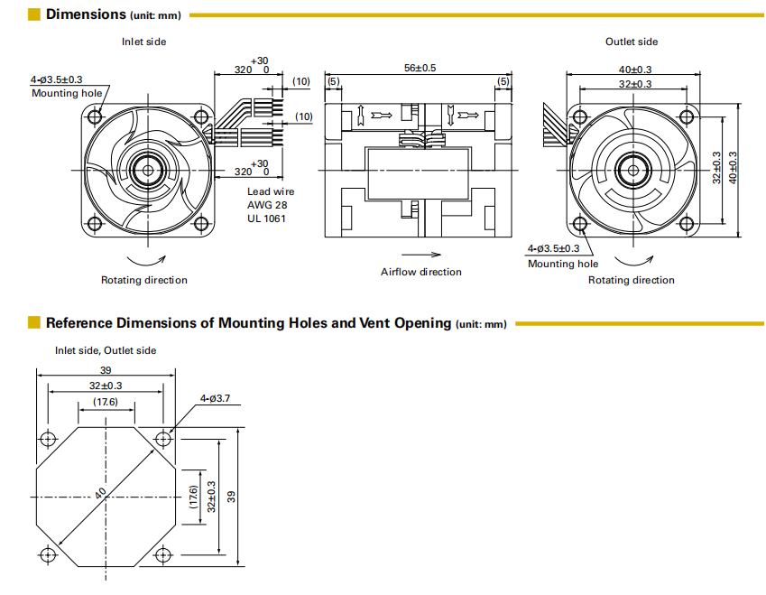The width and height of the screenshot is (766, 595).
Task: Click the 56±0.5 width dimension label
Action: pos(420,68)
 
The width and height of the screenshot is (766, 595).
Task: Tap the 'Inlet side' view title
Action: pos(144,42)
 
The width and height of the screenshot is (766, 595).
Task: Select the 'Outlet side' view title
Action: pos(632,42)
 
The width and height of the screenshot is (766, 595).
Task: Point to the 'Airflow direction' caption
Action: pos(420,272)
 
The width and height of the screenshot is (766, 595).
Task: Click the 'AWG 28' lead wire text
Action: pos(267,205)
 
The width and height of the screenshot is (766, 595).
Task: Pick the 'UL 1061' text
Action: pos(266,218)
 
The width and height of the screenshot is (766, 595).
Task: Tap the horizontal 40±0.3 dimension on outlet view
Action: pos(635,70)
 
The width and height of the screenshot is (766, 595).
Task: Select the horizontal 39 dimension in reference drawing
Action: pos(106,371)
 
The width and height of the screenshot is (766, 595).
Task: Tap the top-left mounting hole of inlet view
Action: pos(94,116)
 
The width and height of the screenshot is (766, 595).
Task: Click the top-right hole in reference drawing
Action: pos(163,439)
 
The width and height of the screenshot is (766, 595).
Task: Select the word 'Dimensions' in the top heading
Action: pos(86,14)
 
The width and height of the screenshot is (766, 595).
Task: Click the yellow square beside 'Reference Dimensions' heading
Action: pos(34,322)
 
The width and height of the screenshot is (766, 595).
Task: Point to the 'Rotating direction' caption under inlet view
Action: pos(144,280)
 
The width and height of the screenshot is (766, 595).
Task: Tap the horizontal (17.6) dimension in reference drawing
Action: pos(106,402)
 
